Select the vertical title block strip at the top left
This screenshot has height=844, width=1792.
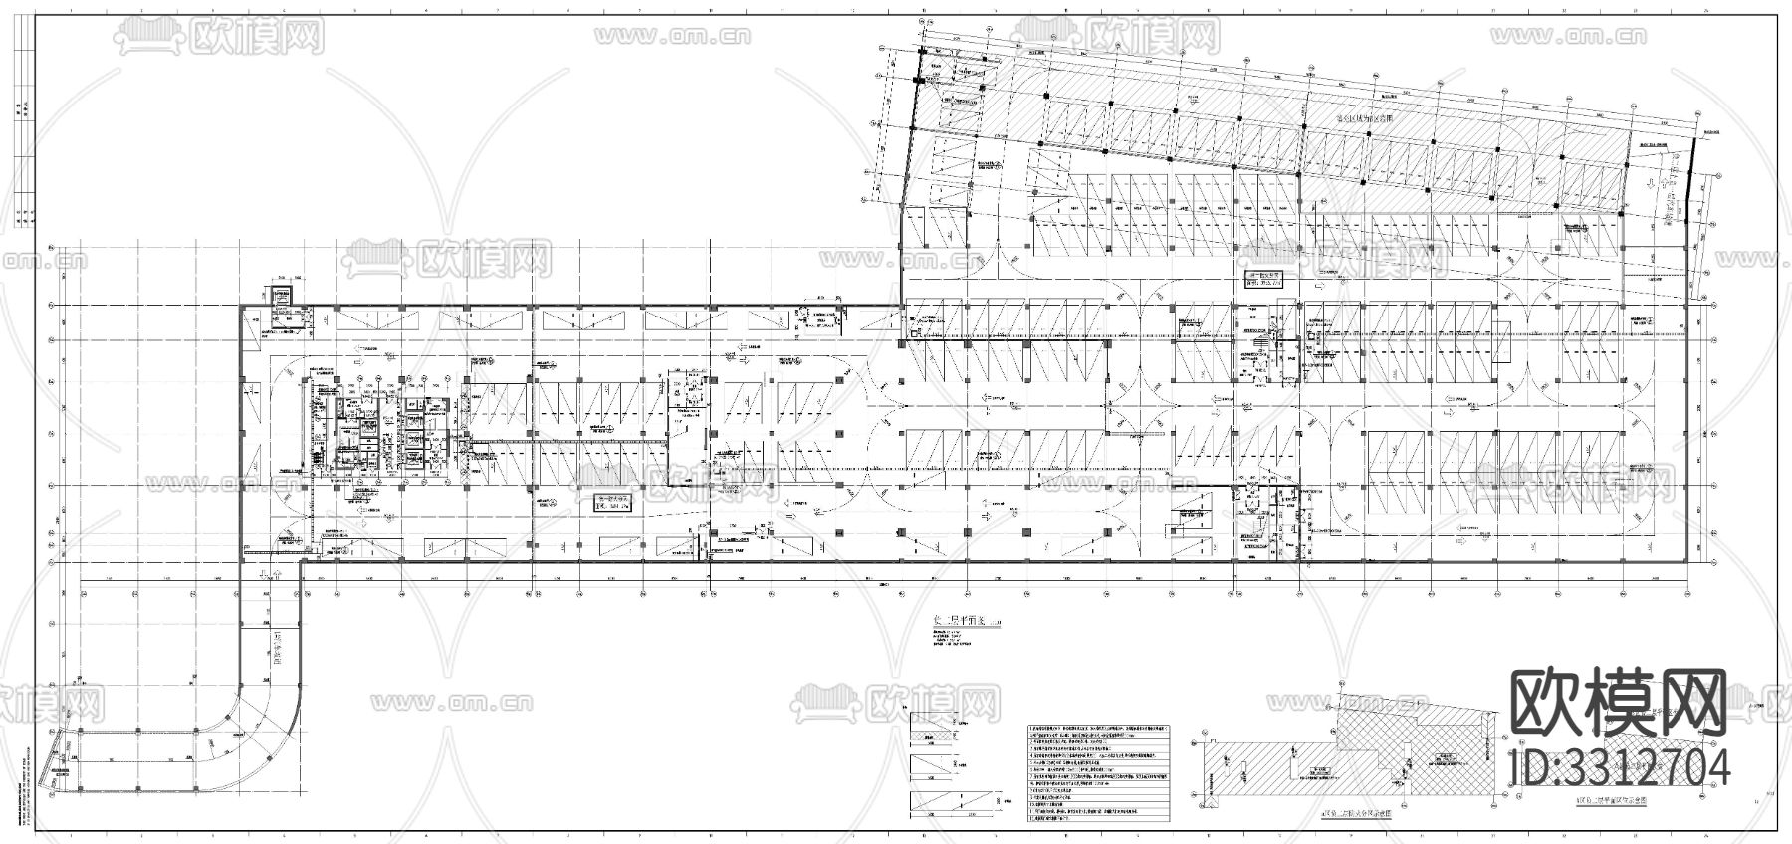click(x=24, y=149)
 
